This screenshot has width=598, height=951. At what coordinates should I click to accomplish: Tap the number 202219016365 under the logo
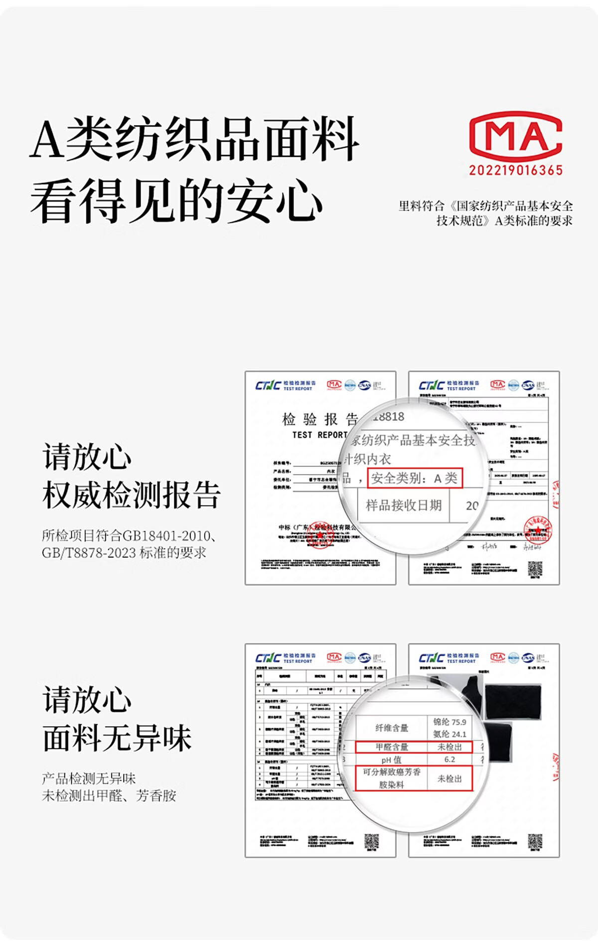click(516, 170)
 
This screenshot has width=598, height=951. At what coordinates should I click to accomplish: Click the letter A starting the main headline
click(47, 139)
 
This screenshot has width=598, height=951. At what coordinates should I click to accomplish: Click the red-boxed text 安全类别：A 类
click(415, 478)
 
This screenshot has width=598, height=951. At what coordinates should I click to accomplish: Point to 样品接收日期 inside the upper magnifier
click(404, 505)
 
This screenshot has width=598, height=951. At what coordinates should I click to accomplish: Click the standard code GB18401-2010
click(166, 536)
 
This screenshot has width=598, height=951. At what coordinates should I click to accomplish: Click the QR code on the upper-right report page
click(535, 568)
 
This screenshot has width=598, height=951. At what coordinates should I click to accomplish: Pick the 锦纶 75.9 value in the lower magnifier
click(449, 722)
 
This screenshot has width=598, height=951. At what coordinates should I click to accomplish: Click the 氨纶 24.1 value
click(449, 734)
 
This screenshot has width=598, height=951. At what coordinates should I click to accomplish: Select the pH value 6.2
click(449, 760)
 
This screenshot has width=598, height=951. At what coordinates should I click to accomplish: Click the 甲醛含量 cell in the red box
click(392, 747)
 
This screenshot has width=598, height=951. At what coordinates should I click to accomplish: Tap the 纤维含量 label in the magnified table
click(392, 728)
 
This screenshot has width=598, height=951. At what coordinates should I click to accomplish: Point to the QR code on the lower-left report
click(371, 842)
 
